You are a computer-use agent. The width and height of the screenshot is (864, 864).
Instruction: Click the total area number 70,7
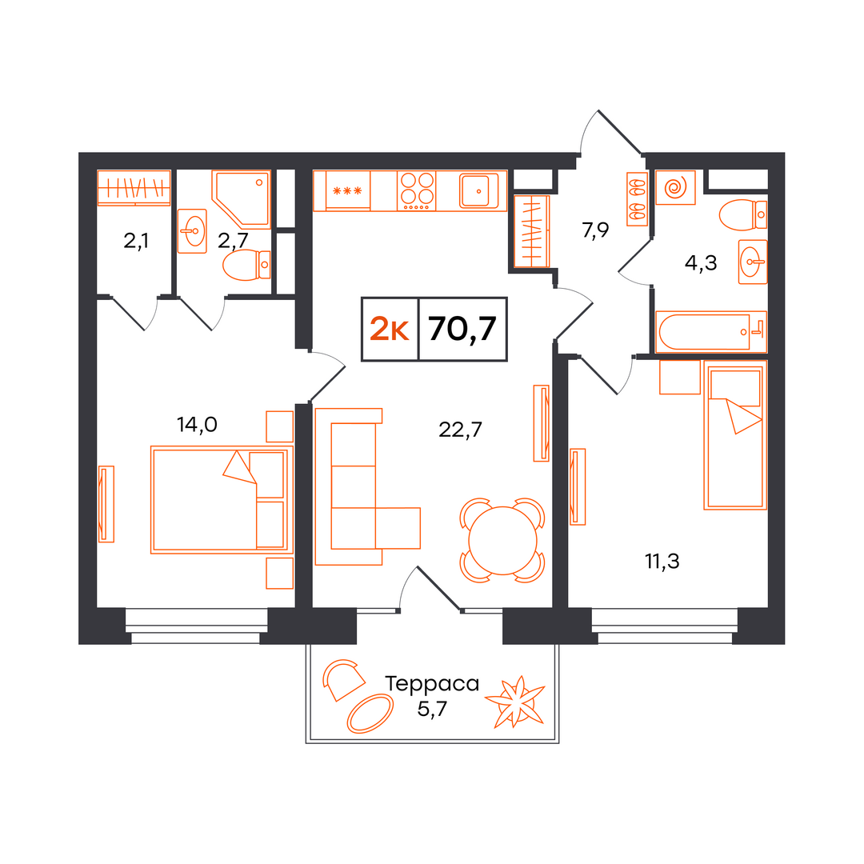tap(462, 330)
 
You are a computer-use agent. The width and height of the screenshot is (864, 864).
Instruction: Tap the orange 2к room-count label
tap(389, 330)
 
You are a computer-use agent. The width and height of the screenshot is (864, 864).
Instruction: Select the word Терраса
tap(432, 684)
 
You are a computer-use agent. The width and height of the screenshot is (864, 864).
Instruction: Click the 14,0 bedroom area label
tap(197, 424)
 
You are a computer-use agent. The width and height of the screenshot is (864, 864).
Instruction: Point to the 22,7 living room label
tap(460, 430)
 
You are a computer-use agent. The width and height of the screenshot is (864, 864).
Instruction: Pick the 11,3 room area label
tap(662, 562)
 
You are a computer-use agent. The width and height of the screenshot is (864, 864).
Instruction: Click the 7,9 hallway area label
tap(595, 230)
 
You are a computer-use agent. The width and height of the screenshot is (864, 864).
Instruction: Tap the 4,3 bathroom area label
tap(700, 263)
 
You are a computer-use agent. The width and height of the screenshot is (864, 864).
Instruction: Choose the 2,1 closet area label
tap(135, 241)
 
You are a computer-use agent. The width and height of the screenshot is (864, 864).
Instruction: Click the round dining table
tap(502, 541)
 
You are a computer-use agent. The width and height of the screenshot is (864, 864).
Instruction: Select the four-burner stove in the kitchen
tap(417, 190)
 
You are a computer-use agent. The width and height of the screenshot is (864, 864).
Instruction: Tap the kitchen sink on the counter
tap(479, 190)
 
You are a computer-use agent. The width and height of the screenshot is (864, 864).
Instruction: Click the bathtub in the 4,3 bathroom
tap(711, 332)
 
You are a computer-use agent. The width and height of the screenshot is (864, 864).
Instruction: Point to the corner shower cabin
tap(242, 199)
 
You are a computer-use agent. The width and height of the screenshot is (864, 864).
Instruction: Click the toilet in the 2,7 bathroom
tap(246, 265)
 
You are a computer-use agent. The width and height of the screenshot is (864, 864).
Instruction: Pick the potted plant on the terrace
tap(515, 702)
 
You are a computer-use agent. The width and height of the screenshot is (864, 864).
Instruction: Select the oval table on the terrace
tap(370, 714)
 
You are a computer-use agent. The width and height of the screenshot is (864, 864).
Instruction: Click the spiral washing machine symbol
tap(675, 187)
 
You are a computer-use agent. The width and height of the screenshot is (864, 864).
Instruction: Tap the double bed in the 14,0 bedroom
tap(222, 500)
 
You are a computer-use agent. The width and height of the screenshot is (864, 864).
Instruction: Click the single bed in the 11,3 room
tap(735, 435)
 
